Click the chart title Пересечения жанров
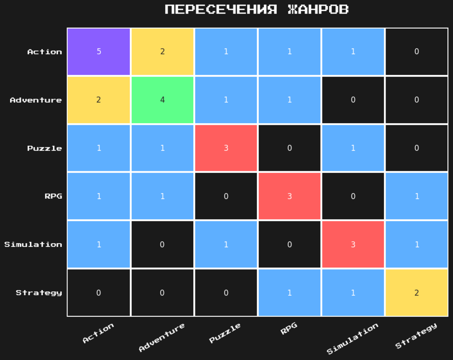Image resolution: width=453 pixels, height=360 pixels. [x=257, y=10]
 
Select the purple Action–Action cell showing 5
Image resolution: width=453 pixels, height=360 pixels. [x=99, y=52]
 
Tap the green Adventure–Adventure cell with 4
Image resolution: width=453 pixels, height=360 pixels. [x=162, y=100]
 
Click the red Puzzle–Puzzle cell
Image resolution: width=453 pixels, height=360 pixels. [x=225, y=148]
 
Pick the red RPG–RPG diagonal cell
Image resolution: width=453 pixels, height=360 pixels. [x=289, y=196]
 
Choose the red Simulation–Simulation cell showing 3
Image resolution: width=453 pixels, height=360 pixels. [x=353, y=244]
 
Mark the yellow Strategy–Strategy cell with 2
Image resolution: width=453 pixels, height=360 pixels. [x=416, y=293]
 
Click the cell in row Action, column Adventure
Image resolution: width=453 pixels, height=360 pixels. [x=162, y=52]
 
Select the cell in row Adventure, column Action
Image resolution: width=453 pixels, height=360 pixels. [x=99, y=100]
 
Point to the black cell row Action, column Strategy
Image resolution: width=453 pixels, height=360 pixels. [x=416, y=52]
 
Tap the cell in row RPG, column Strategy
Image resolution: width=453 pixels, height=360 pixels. [x=416, y=196]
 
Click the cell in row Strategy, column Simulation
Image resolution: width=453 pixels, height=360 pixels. [x=353, y=293]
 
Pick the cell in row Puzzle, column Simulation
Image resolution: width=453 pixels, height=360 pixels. [x=353, y=148]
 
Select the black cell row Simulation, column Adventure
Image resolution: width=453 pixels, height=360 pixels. [x=162, y=244]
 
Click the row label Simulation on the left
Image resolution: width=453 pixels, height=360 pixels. [x=33, y=245]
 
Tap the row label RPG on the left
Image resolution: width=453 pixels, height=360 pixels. [x=53, y=197]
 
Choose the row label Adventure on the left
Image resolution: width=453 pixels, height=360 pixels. [x=36, y=100]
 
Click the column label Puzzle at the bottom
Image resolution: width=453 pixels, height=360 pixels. [x=225, y=333]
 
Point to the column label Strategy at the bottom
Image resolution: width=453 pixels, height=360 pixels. [x=416, y=335]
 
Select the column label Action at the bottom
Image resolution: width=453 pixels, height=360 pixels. [x=98, y=333]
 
